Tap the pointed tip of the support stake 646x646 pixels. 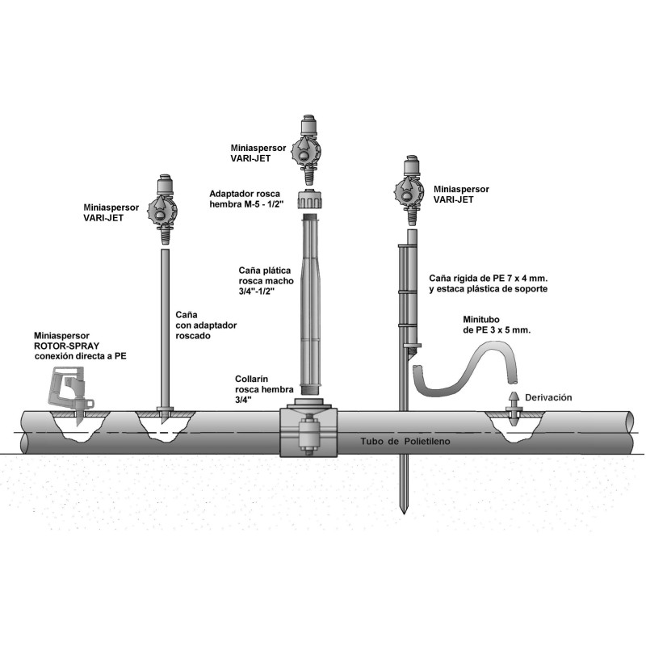(403, 509)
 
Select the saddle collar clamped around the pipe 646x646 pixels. (308, 433)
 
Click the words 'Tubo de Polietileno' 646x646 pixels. (403, 443)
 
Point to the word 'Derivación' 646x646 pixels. (548, 397)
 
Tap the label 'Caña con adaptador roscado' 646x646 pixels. (199, 325)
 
